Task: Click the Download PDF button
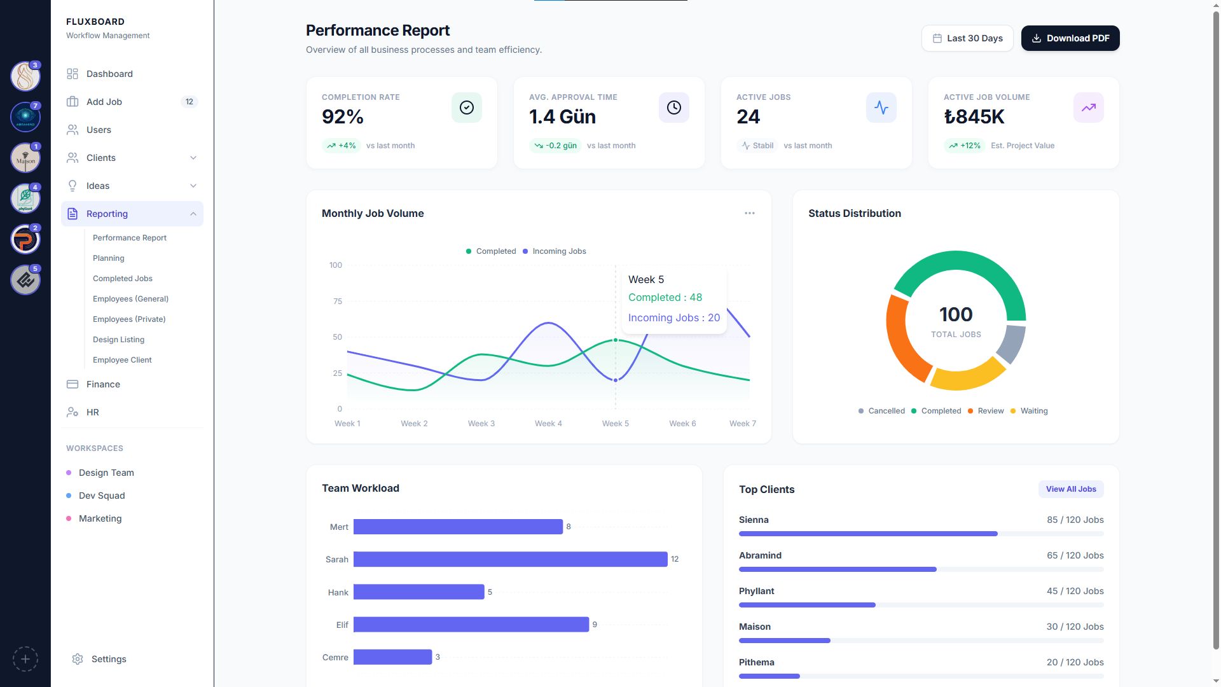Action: click(1070, 38)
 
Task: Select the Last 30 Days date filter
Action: click(967, 38)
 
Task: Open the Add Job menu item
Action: click(104, 102)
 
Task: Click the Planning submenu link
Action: click(109, 258)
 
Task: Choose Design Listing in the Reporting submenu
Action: click(118, 340)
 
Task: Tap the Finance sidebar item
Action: click(103, 384)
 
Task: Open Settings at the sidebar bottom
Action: click(109, 659)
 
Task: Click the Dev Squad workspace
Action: click(102, 496)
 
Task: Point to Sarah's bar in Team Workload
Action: click(510, 559)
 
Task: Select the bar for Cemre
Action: click(392, 657)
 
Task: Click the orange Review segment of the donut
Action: click(902, 340)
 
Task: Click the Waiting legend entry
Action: click(1033, 411)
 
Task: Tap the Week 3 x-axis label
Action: click(481, 424)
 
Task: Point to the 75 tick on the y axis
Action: click(337, 302)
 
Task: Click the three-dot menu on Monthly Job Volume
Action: click(750, 214)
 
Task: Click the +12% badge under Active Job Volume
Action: click(965, 146)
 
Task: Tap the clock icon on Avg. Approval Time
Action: click(674, 108)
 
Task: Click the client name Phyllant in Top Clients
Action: click(756, 591)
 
